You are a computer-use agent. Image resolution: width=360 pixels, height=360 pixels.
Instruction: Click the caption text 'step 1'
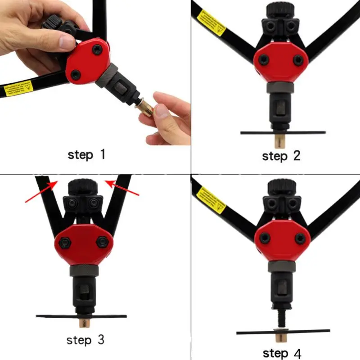pyautogui.click(x=86, y=155)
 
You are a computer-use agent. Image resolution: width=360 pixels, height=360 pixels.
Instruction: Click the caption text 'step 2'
pyautogui.click(x=281, y=156)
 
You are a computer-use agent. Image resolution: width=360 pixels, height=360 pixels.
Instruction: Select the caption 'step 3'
pyautogui.click(x=85, y=339)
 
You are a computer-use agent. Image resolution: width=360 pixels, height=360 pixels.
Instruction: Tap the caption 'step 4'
pyautogui.click(x=282, y=353)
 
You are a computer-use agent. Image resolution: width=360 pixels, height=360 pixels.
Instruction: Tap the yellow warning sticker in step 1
pyautogui.click(x=18, y=88)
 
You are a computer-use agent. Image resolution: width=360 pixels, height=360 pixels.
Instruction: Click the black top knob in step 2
pyautogui.click(x=281, y=10)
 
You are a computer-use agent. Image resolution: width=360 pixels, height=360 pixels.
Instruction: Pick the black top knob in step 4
pyautogui.click(x=281, y=186)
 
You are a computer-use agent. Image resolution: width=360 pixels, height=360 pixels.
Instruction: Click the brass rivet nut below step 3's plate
pyautogui.click(x=84, y=323)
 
